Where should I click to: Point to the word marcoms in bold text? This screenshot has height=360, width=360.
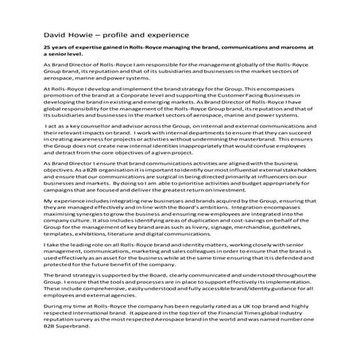(281, 49)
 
